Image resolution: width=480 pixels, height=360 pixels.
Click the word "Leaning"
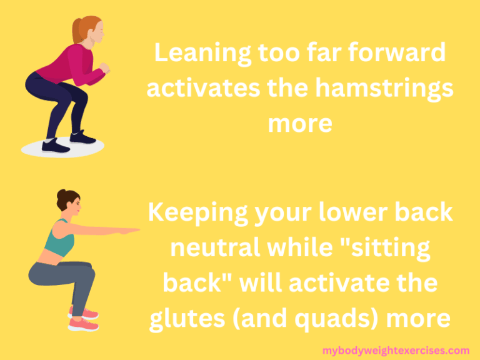pos(198,54)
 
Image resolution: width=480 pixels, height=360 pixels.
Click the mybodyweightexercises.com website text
pos(396,351)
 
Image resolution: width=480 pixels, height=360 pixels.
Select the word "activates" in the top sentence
pos(202,89)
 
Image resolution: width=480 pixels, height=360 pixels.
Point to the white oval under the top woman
pos(62,149)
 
